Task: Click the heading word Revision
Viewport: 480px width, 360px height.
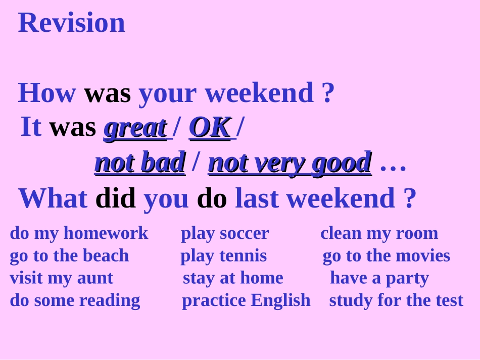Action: point(72,23)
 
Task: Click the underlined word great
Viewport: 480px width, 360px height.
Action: point(135,127)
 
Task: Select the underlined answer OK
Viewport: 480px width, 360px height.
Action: point(210,127)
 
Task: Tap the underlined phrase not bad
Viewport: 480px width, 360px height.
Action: point(140,163)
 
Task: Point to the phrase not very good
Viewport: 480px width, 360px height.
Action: point(290,163)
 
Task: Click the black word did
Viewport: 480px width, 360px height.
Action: point(116,198)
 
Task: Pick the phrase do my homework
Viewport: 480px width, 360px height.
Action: point(79,233)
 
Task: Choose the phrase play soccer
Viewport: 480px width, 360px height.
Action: point(225,233)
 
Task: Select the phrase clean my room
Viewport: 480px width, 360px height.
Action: point(379,233)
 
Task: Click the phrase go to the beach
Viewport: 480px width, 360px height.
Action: point(69,255)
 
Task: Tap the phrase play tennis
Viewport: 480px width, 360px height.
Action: point(223,255)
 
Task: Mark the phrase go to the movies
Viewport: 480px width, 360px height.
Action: point(386,255)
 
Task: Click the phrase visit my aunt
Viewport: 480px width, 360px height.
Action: point(61,278)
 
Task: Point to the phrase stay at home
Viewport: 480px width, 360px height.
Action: point(233,278)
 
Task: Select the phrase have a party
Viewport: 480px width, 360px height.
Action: point(379,278)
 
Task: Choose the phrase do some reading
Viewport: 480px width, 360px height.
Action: point(75,300)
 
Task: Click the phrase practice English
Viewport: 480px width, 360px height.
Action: point(246,300)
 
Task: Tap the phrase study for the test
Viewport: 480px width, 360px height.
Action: point(396,300)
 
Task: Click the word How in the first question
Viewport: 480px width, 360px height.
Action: point(47,93)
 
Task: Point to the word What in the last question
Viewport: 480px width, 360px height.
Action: point(53,198)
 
